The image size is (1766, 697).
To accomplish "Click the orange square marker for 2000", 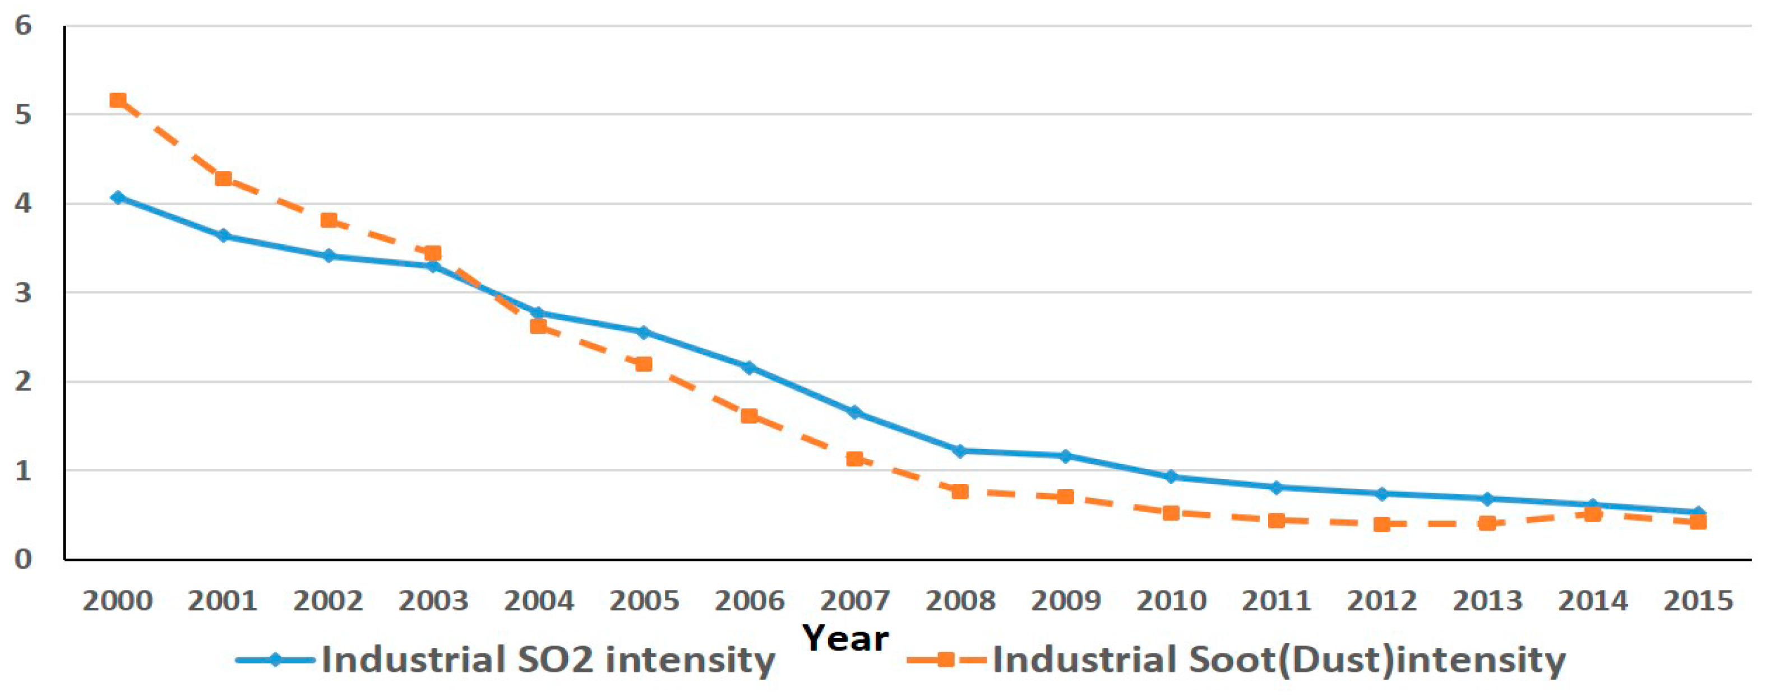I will pyautogui.click(x=118, y=101).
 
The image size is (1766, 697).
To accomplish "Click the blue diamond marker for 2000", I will pyautogui.click(x=118, y=197).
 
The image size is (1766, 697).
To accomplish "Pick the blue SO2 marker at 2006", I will pyautogui.click(x=750, y=368).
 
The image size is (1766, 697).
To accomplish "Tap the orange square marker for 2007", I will pyautogui.click(x=855, y=458).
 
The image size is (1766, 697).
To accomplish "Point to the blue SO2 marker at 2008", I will pyautogui.click(x=960, y=451).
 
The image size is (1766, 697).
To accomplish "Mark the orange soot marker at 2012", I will pyautogui.click(x=1382, y=524).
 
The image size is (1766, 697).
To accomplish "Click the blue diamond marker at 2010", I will pyautogui.click(x=1171, y=476).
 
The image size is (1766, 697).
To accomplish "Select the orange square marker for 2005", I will pyautogui.click(x=644, y=364).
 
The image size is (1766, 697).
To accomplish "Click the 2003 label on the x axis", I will pyautogui.click(x=433, y=601).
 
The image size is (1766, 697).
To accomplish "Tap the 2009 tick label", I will pyautogui.click(x=1065, y=601).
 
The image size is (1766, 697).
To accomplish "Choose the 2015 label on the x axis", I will pyautogui.click(x=1698, y=601).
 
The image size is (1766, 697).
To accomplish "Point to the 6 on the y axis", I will pyautogui.click(x=24, y=26).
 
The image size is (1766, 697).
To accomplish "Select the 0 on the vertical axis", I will pyautogui.click(x=24, y=559).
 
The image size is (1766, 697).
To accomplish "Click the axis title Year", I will pyautogui.click(x=845, y=638).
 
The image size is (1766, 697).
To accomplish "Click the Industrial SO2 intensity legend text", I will pyautogui.click(x=548, y=661).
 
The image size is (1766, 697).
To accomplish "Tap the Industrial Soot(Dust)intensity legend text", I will pyautogui.click(x=1279, y=661).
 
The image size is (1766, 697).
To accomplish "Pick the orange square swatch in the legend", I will pyautogui.click(x=946, y=660).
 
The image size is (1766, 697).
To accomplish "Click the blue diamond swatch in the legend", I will pyautogui.click(x=275, y=660).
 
